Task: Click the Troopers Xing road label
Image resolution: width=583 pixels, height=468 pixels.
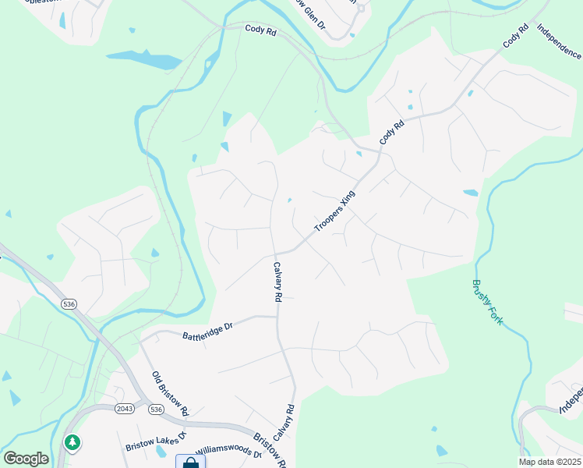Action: point(334,211)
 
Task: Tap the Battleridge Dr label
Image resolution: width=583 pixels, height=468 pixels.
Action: point(208,332)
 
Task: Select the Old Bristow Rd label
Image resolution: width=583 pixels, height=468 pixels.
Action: point(171,393)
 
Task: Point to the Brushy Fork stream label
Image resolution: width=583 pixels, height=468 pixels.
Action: point(486,303)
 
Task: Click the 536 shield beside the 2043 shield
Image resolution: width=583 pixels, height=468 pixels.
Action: point(156,409)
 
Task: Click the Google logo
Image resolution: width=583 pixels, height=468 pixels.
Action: point(26,459)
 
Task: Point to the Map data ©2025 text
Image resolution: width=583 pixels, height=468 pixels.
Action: point(549,462)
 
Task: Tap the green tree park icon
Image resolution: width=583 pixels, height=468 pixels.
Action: point(72,442)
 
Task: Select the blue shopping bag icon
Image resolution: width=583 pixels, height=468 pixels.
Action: point(190,463)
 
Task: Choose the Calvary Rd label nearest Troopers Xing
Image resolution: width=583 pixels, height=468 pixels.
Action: point(277,282)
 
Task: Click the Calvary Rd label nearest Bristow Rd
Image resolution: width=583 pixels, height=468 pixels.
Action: point(291,420)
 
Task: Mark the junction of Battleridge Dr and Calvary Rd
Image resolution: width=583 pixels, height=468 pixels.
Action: point(277,317)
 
